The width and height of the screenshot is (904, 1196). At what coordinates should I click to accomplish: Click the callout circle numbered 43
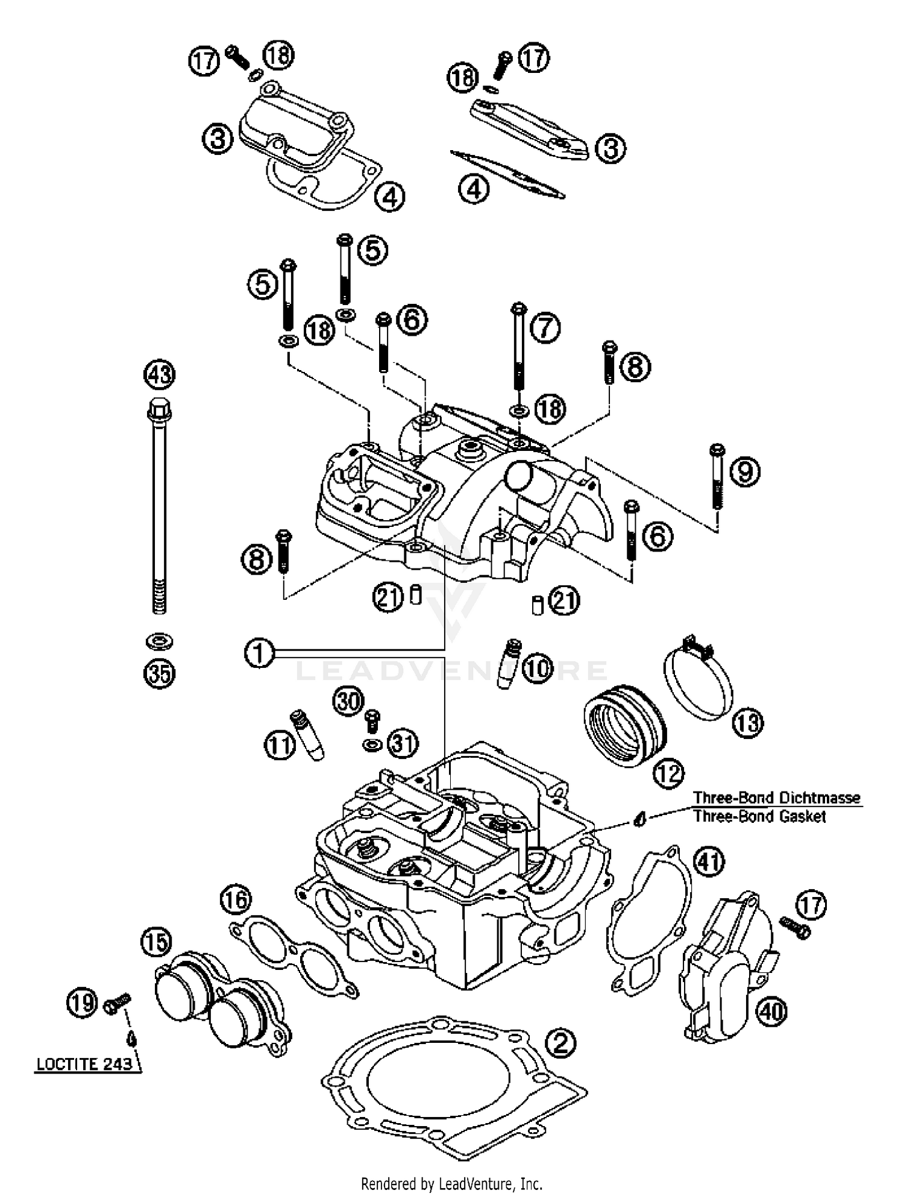160,375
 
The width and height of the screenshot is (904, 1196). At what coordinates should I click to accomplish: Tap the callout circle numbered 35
160,673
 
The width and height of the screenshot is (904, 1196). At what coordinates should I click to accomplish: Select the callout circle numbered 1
259,652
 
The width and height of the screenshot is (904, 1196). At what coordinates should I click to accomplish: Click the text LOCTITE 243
84,1064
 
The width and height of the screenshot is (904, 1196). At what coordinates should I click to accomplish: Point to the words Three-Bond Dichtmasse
776,798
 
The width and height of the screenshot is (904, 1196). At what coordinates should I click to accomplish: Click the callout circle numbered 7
545,329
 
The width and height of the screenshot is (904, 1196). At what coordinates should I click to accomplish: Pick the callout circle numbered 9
745,471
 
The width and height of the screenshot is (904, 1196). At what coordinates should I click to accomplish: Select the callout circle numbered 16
235,901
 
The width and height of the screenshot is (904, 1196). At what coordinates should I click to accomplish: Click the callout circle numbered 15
156,942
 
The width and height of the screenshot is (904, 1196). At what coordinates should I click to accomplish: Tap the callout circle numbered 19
81,1003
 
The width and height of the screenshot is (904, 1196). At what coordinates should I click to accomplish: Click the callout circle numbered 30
348,701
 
